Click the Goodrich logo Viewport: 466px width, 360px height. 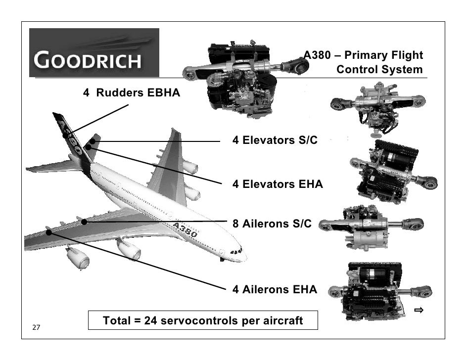[94, 52]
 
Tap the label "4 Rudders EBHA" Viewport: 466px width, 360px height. [131, 93]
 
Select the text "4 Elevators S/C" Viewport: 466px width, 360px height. [275, 140]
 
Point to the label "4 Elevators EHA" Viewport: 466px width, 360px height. [278, 184]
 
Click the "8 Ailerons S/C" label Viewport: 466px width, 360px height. [272, 224]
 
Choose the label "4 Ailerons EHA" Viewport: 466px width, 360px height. [275, 290]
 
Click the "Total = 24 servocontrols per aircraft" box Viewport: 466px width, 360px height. [202, 320]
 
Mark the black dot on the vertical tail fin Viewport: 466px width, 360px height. [65, 135]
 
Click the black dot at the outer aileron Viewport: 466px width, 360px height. [48, 232]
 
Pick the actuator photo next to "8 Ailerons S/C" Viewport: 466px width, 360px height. [371, 225]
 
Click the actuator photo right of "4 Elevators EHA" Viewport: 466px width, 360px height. [393, 171]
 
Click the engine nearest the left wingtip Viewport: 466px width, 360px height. [78, 257]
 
